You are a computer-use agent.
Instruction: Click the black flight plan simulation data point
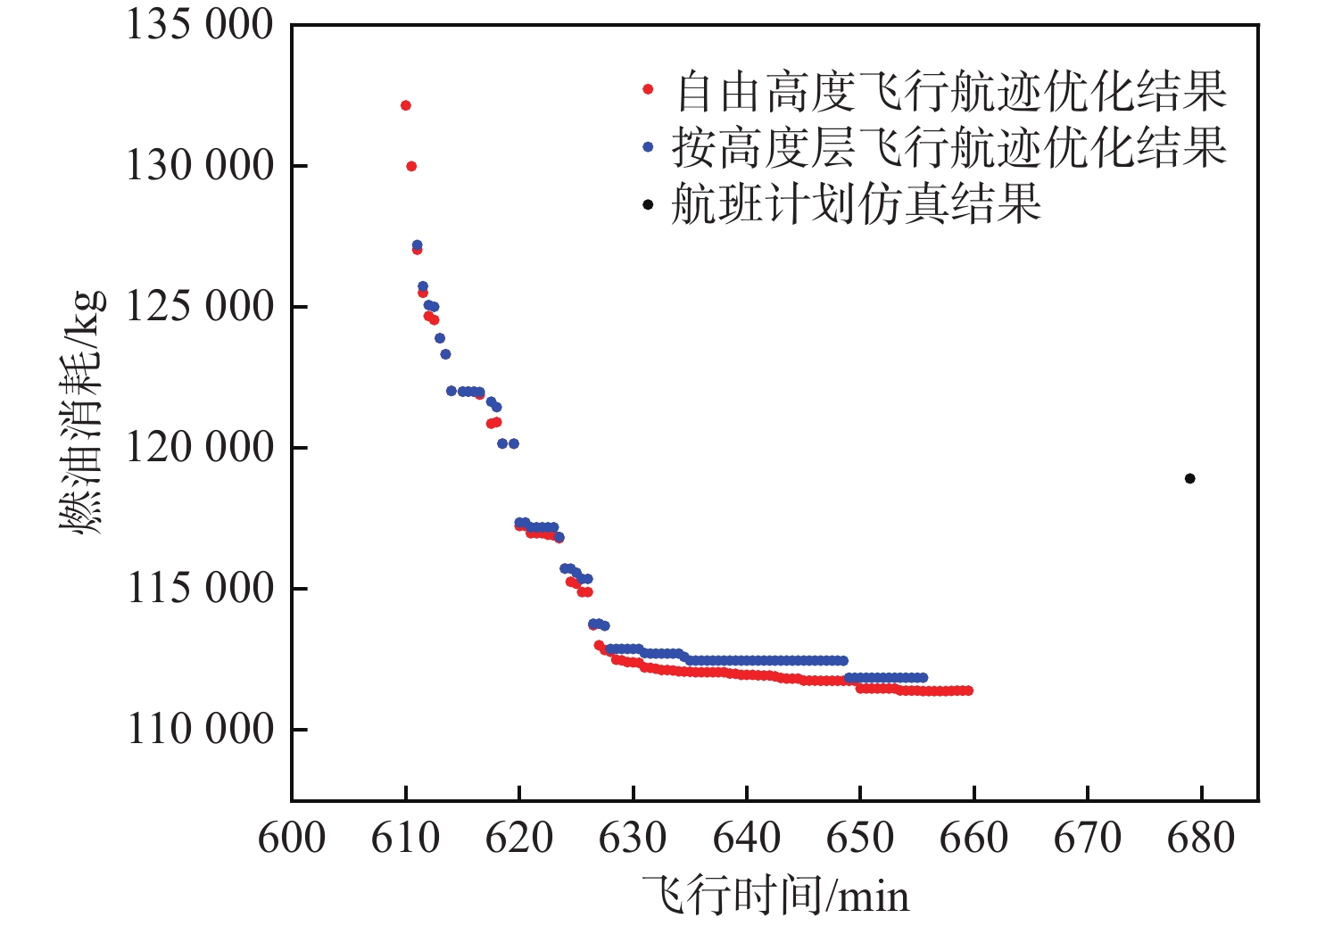[x=1189, y=479]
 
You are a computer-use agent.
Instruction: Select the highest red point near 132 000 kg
[x=405, y=105]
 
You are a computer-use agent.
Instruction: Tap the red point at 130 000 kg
[x=411, y=166]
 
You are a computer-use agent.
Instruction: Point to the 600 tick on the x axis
[x=292, y=839]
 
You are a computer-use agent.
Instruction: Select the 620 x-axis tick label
[x=519, y=839]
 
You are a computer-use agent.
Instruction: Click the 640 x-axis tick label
[x=747, y=839]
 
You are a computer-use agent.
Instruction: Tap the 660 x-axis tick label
[x=973, y=839]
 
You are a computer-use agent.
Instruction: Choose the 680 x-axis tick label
[x=1201, y=839]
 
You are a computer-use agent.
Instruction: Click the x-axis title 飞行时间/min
[x=775, y=896]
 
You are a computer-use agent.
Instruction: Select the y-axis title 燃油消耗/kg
[x=82, y=412]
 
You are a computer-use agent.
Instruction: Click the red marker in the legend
[x=648, y=90]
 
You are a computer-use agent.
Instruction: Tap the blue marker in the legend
[x=648, y=147]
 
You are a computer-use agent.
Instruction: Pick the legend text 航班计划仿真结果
[x=856, y=204]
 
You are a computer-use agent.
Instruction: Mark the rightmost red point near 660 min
[x=968, y=690]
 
